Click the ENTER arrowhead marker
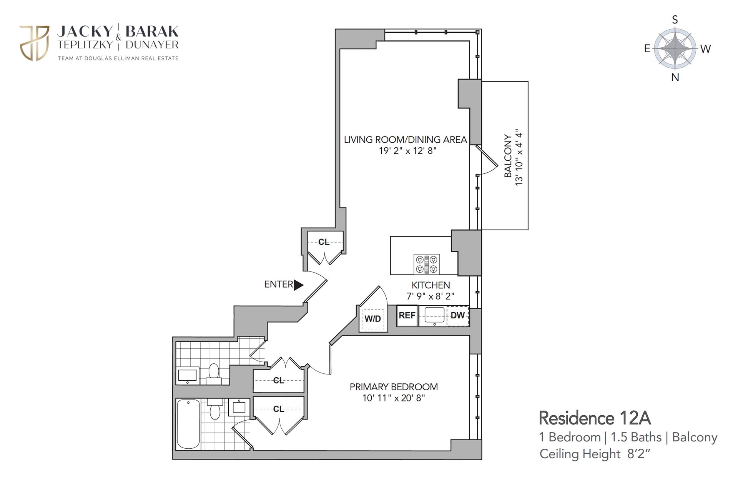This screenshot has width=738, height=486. click(298, 285)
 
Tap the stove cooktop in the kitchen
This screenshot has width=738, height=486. click(426, 264)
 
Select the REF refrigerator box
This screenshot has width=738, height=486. click(407, 316)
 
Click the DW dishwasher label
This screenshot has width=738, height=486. click(457, 316)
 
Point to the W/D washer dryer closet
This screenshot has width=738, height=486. click(373, 319)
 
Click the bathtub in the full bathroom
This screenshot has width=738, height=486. click(188, 424)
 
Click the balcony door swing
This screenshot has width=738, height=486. click(487, 161)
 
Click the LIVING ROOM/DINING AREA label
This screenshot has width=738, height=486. click(405, 140)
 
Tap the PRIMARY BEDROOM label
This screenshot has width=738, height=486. click(394, 387)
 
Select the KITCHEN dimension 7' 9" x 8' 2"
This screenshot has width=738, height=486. click(430, 296)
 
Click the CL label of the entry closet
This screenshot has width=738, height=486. click(324, 242)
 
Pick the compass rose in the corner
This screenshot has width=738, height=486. click(675, 48)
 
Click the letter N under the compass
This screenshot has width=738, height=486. click(675, 77)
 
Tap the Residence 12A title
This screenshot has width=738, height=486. click(595, 418)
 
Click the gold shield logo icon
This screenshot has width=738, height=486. click(34, 43)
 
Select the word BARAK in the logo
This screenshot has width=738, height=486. click(152, 31)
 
